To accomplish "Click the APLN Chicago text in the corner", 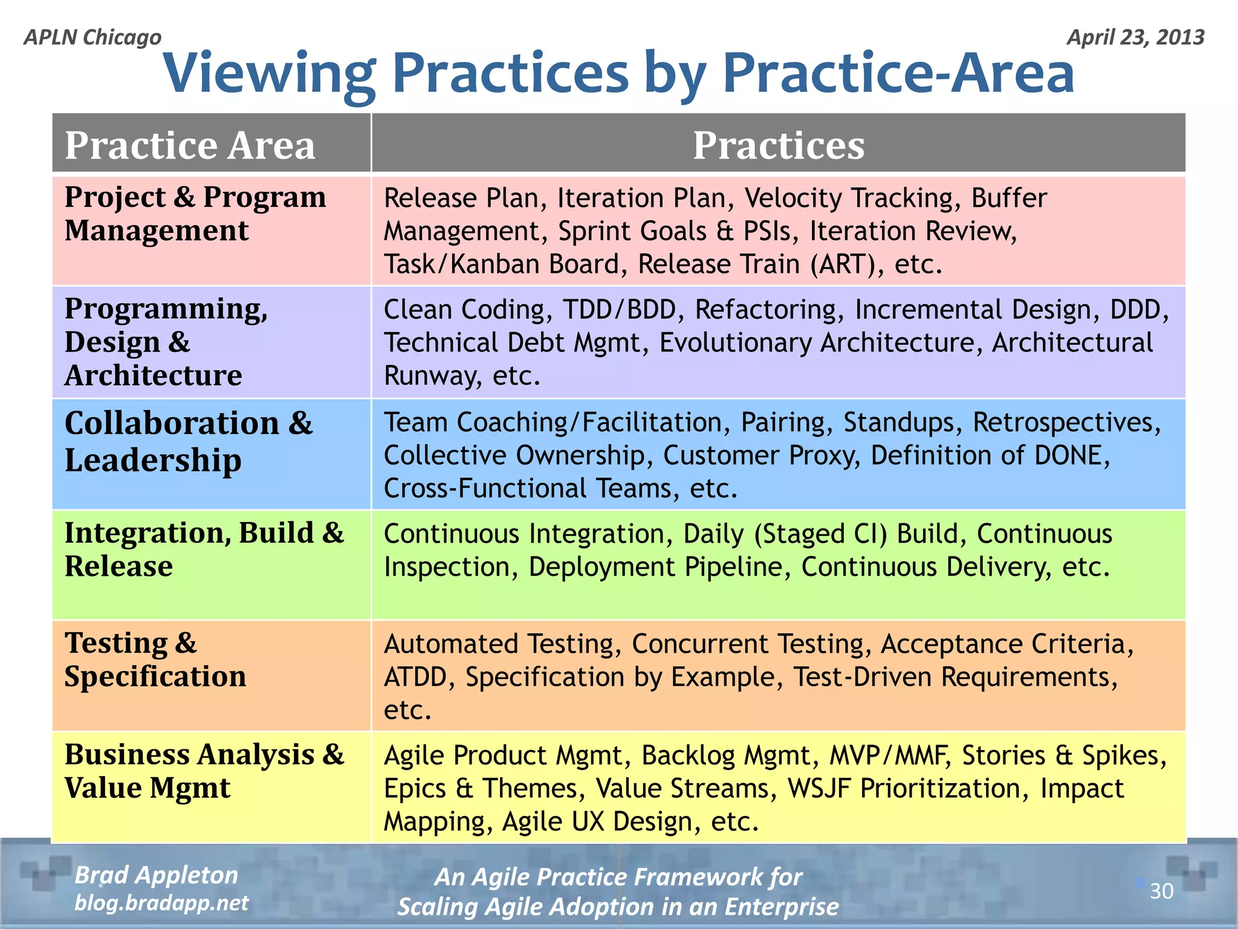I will pos(92,37).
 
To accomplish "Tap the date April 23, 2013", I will pos(1135,37).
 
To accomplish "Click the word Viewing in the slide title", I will pos(269,74).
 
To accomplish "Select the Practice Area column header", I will pos(190,145).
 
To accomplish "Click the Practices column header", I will pos(778,145).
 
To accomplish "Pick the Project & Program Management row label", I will pos(195,214).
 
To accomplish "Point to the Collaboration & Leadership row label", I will pos(188,441).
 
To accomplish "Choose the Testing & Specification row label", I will pos(155,659).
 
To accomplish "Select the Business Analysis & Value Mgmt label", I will pos(204,771).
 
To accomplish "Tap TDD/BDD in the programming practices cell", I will pos(619,310).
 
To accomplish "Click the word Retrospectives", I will pos(1066,422).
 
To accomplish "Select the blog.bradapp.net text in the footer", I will pos(161,903).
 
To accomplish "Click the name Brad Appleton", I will pos(157,875).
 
